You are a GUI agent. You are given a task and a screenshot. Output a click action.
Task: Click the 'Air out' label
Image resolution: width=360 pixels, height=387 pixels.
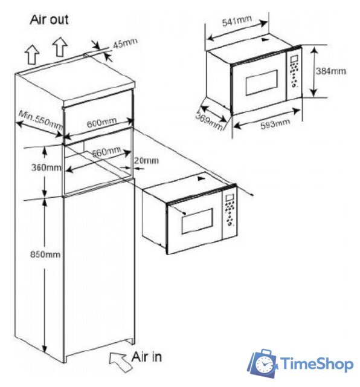pyautogui.click(x=49, y=20)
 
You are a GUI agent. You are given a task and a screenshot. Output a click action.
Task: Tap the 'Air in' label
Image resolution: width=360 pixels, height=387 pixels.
pyautogui.click(x=147, y=357)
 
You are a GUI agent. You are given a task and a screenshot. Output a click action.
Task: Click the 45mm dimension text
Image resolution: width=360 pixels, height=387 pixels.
pyautogui.click(x=125, y=43)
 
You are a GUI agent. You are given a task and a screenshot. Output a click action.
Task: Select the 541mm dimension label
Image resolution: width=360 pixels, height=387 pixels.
pyautogui.click(x=237, y=21)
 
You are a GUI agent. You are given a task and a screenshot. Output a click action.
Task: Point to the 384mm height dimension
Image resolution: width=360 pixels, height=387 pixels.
pyautogui.click(x=331, y=71)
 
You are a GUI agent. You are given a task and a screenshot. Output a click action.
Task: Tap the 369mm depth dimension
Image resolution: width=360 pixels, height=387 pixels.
pyautogui.click(x=210, y=121)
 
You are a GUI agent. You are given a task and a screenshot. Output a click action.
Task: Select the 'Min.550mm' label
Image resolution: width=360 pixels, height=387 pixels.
pyautogui.click(x=41, y=120)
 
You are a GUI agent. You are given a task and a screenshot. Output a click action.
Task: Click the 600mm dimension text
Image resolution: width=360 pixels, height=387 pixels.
pyautogui.click(x=101, y=123)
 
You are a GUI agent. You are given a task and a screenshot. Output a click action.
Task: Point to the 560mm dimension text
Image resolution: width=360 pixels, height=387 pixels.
pyautogui.click(x=106, y=152)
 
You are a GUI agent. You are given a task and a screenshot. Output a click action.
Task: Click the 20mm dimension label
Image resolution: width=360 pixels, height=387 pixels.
pyautogui.click(x=146, y=161)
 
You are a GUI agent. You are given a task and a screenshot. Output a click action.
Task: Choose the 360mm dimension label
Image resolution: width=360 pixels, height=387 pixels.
pyautogui.click(x=46, y=167)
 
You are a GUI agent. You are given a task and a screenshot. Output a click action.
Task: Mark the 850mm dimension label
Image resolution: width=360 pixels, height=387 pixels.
pyautogui.click(x=45, y=254)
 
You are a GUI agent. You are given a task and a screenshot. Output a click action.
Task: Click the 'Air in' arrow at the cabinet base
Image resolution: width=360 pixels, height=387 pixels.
pyautogui.click(x=120, y=361)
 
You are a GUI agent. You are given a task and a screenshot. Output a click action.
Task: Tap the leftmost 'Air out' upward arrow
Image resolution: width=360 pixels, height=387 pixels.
pyautogui.click(x=33, y=55)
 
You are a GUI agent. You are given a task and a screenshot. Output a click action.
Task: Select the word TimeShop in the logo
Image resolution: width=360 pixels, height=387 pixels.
pyautogui.click(x=317, y=364)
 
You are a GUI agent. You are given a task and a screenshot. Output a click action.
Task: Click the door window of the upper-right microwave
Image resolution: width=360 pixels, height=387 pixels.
pyautogui.click(x=262, y=82)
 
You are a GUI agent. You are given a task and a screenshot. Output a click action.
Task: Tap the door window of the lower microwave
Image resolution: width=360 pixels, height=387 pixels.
pyautogui.click(x=197, y=221)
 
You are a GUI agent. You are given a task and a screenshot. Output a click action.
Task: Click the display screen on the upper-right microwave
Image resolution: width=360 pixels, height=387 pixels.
pyautogui.click(x=294, y=59)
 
